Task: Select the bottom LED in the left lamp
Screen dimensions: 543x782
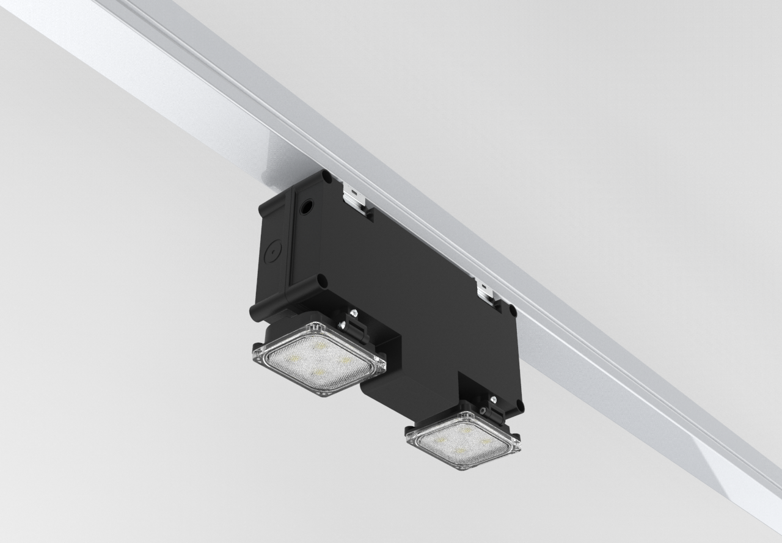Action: pyautogui.click(x=318, y=372)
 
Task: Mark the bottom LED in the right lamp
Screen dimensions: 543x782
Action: pyautogui.click(x=459, y=453)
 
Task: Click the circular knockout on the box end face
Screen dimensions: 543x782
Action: pyautogui.click(x=271, y=249)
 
